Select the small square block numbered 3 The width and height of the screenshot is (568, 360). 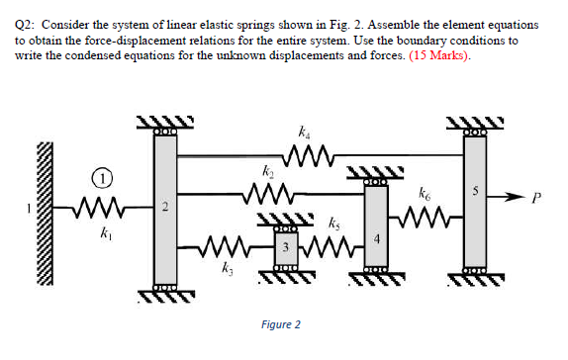tap(285, 246)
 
